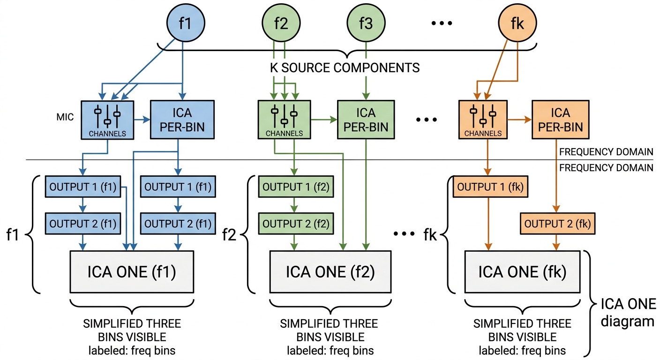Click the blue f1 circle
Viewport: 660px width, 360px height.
(x=186, y=22)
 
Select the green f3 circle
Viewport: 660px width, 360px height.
(x=366, y=22)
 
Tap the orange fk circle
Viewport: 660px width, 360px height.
(x=517, y=22)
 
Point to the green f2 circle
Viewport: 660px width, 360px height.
(x=281, y=22)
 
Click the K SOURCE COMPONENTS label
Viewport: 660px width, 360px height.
(x=345, y=68)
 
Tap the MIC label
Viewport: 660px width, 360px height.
(x=65, y=117)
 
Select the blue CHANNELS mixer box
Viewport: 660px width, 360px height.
(x=107, y=120)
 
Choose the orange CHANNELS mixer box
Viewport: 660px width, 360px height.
(x=483, y=120)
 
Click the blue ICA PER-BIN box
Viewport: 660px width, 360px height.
(x=182, y=120)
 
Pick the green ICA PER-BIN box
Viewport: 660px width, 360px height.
(x=366, y=120)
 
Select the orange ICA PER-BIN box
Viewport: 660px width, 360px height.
(x=561, y=120)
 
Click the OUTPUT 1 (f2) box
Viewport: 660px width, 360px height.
(x=296, y=187)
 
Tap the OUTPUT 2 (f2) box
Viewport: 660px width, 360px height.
(x=296, y=224)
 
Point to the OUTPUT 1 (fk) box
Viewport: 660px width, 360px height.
(x=490, y=187)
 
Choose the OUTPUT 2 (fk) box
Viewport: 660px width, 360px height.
(x=557, y=224)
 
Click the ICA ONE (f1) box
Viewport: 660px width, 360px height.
(x=132, y=272)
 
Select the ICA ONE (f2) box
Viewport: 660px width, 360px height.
(x=330, y=272)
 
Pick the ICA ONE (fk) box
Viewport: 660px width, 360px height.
(x=522, y=272)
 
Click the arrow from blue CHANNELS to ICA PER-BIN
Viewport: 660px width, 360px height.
(x=142, y=120)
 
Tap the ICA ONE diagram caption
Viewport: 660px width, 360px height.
(x=628, y=312)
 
